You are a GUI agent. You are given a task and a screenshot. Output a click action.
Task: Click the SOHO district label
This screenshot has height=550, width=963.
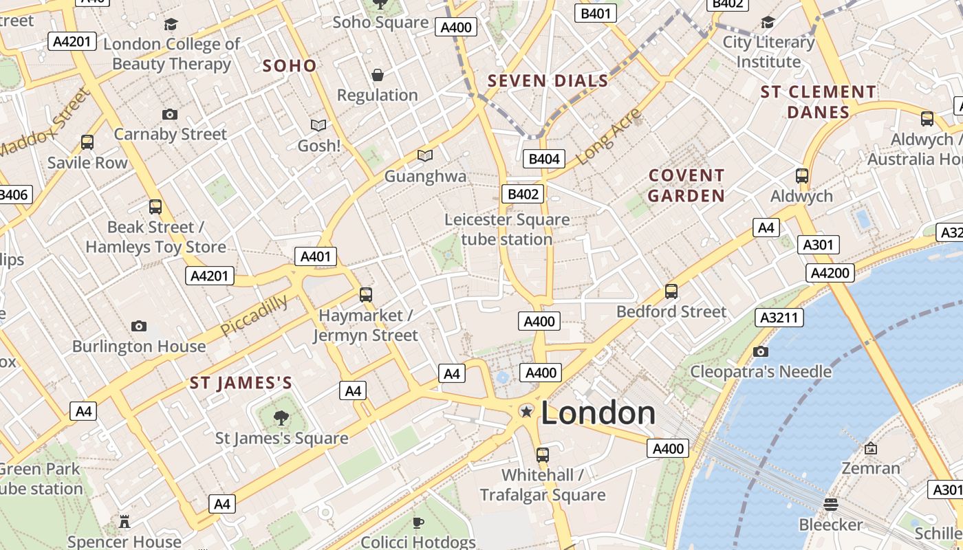coord(290,66)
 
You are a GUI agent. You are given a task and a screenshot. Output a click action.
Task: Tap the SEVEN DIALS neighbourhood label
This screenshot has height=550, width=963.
coord(548,81)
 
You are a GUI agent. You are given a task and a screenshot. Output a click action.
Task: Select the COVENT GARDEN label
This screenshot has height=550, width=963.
coord(686,186)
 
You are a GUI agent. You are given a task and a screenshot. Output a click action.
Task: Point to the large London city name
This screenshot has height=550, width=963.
coord(598,412)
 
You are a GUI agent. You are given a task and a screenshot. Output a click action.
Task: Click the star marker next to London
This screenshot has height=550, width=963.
coord(526,411)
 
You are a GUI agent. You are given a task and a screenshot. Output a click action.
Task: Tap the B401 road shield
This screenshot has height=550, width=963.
coord(596,13)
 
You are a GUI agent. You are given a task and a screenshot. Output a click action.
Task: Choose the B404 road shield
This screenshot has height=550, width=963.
coord(543,159)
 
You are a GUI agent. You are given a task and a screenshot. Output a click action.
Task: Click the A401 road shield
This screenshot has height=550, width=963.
coord(316,256)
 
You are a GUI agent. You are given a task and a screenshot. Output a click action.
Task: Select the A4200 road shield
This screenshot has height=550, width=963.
coord(830,273)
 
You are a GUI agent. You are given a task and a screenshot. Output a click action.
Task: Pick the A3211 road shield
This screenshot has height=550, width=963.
coord(779,317)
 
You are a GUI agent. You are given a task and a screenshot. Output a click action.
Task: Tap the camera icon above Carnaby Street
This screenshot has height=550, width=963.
coord(170,114)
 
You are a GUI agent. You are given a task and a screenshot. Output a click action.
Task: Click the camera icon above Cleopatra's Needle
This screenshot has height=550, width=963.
coord(760,352)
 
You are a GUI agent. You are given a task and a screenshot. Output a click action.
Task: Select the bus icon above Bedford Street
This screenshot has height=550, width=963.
coord(671,291)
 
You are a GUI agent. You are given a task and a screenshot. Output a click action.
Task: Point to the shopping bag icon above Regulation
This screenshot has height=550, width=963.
coord(377,75)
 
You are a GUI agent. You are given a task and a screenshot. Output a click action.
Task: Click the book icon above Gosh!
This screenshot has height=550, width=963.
coord(318,125)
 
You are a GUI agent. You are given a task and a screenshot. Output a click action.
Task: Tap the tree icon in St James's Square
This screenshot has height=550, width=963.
coord(281,417)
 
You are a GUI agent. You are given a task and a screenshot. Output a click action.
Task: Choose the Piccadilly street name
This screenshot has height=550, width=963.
coord(255,316)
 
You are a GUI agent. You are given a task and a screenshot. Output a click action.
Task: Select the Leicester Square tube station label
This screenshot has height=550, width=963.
coord(507,230)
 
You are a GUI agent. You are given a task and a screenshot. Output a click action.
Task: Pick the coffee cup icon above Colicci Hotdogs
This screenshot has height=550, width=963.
coord(418,523)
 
